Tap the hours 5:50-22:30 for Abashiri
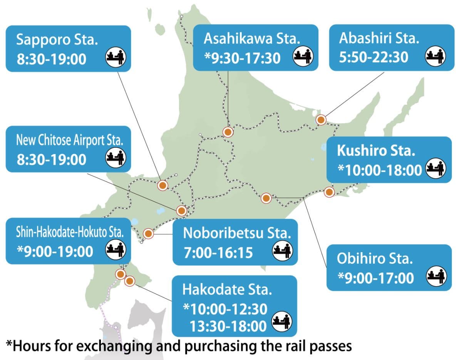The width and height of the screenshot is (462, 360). [x=373, y=57]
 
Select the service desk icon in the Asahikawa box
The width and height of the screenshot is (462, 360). [x=303, y=57]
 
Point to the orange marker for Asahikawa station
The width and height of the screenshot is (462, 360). [x=228, y=132]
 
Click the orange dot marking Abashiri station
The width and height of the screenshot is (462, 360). [x=321, y=120]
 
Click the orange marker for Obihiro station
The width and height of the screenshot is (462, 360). [x=266, y=198]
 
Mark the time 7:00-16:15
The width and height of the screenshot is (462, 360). [x=218, y=253]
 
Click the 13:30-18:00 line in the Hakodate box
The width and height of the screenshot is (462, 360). [x=228, y=326]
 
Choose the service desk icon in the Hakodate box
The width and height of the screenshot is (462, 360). [x=282, y=322]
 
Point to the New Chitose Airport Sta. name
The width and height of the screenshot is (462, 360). [x=69, y=140]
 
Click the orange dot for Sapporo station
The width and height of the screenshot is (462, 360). [x=162, y=185]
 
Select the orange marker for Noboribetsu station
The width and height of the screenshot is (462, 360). [x=148, y=233]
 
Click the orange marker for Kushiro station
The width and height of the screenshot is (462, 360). [x=329, y=192]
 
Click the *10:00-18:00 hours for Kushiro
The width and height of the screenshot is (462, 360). [x=379, y=170]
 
